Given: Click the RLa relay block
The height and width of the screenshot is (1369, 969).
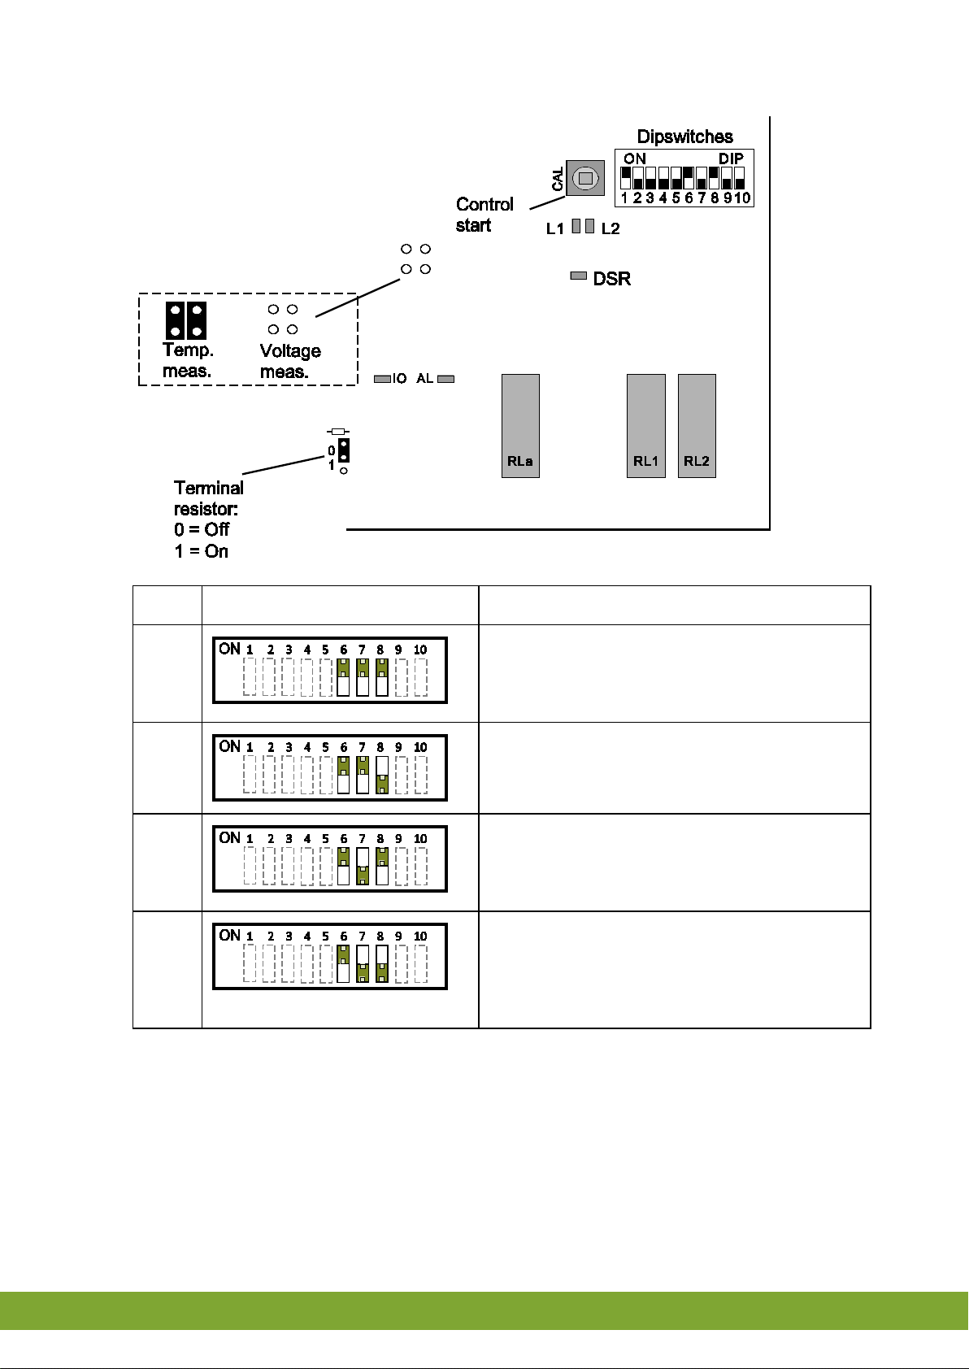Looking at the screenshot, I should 520,425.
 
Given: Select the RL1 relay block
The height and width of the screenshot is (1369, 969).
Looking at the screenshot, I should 646,425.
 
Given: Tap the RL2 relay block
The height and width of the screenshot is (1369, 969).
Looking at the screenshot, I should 697,425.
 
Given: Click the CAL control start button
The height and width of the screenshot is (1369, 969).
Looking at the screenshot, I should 584,178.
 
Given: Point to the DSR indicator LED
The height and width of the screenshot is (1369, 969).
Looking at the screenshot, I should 579,276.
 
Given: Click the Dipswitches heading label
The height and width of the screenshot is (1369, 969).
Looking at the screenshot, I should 684,137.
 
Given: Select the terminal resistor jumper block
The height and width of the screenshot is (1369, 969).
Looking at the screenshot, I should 344,450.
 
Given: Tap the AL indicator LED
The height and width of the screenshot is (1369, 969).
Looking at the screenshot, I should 445,379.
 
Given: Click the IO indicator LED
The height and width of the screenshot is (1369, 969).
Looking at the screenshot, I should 382,379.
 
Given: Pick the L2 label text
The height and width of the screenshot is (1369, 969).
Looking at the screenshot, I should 611,229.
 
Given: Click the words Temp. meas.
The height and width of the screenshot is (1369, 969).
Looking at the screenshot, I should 188,361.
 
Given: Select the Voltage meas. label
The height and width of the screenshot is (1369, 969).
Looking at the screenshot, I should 290,362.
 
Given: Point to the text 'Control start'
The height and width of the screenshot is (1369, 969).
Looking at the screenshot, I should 484,215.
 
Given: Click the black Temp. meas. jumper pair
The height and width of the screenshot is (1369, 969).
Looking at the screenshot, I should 186,320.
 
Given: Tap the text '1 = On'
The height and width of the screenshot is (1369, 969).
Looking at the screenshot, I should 202,551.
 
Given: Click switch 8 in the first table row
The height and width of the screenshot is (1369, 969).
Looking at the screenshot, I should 381,677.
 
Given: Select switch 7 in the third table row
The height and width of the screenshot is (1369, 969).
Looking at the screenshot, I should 363,867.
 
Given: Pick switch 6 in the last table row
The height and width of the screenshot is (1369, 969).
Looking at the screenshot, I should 344,963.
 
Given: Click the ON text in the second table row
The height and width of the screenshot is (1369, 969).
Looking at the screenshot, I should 230,746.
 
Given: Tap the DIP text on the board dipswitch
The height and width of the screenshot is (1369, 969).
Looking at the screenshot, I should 731,159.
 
